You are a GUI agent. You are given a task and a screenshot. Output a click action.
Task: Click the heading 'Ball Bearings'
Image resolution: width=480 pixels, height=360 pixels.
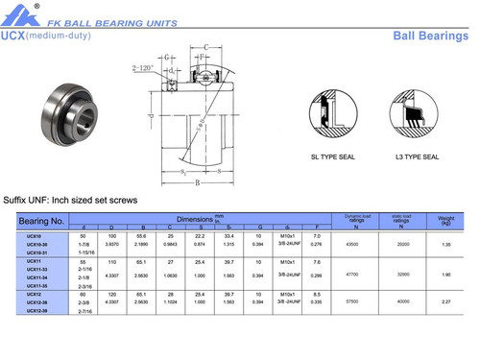(x=431, y=36)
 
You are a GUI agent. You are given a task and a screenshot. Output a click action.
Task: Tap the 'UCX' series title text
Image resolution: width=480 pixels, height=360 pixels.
(x=12, y=36)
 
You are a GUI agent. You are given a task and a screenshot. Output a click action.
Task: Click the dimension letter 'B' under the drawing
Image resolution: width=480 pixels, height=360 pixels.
(x=198, y=181)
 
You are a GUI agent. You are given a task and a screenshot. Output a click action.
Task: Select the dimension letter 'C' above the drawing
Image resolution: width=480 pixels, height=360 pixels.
(x=205, y=47)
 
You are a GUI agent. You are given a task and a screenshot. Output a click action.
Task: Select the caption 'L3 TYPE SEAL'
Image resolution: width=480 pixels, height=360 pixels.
(x=418, y=156)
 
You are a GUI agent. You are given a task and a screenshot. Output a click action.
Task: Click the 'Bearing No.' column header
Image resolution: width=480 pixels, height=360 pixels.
(x=41, y=221)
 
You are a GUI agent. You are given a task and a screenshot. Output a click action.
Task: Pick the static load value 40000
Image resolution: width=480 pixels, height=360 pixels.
(x=402, y=300)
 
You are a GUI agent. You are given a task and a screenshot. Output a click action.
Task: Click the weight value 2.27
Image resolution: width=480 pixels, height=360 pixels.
(x=445, y=300)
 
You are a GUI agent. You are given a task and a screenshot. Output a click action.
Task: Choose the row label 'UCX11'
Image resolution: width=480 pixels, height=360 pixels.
(x=34, y=261)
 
